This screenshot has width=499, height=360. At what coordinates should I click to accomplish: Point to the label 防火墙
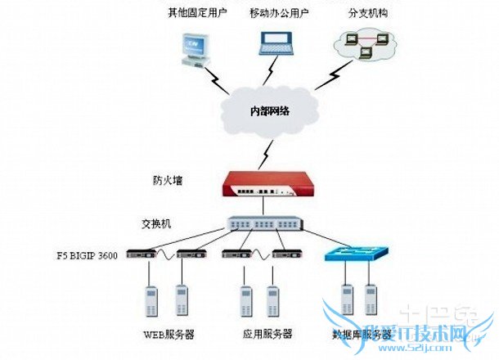[x=167, y=179]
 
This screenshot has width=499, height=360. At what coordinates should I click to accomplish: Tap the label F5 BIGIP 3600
[x=83, y=256]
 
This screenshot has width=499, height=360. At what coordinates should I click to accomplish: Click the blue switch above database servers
[x=358, y=254]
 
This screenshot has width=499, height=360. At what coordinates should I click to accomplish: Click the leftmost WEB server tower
[x=151, y=301]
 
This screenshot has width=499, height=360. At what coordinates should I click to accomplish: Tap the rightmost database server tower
[x=371, y=301]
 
